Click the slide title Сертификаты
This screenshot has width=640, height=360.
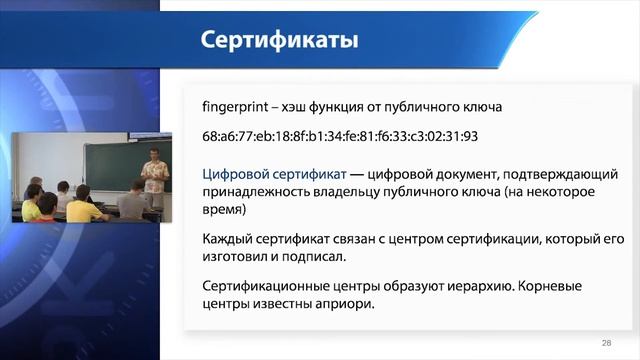pyautogui.click(x=279, y=41)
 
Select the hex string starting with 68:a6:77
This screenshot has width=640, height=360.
pyautogui.click(x=340, y=136)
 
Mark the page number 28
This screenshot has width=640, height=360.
pyautogui.click(x=606, y=342)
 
